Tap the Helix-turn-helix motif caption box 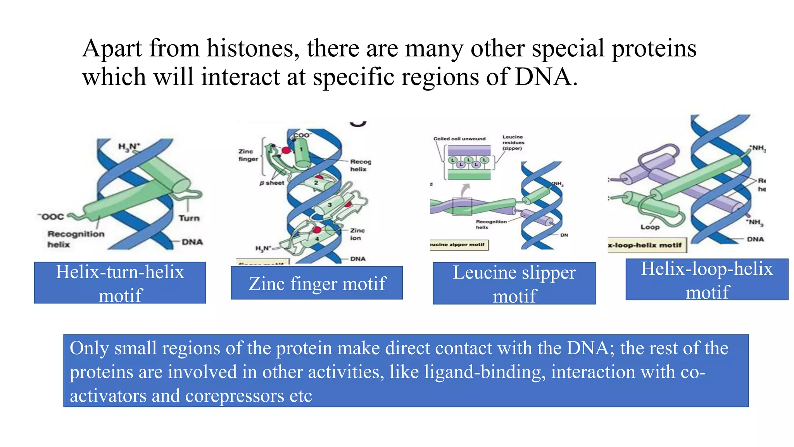pos(120,283)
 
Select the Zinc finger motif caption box pos(317,283)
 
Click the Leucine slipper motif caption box pos(514,283)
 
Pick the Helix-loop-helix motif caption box pos(707,279)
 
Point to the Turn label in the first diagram pos(189,218)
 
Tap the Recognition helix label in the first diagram pos(76,239)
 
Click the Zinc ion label pos(357,234)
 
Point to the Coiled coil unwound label pos(459,139)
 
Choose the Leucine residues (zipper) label pos(513,142)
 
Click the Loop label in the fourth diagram pos(650,227)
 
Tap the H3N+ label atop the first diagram pos(129,146)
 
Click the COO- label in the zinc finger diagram pos(302,135)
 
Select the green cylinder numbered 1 pos(301,150)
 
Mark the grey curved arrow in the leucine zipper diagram pos(465,190)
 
